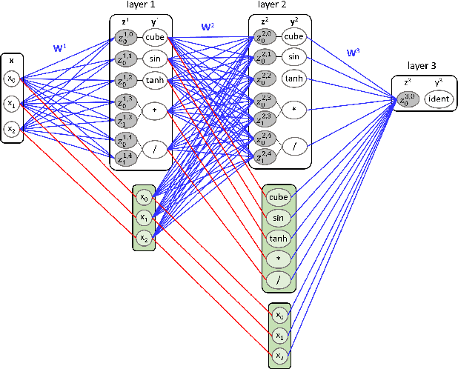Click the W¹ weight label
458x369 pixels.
pyautogui.click(x=58, y=47)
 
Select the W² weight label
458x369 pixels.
pyautogui.click(x=208, y=27)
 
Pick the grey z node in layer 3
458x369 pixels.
pyautogui.click(x=408, y=100)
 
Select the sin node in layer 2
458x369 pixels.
pyautogui.click(x=293, y=56)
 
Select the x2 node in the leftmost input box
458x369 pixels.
pyautogui.click(x=11, y=129)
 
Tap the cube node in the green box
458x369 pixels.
pyautogui.click(x=278, y=196)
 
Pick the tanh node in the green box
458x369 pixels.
pyautogui.click(x=278, y=238)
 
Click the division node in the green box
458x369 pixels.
pyautogui.click(x=278, y=279)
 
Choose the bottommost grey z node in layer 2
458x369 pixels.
pyautogui.click(x=263, y=155)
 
